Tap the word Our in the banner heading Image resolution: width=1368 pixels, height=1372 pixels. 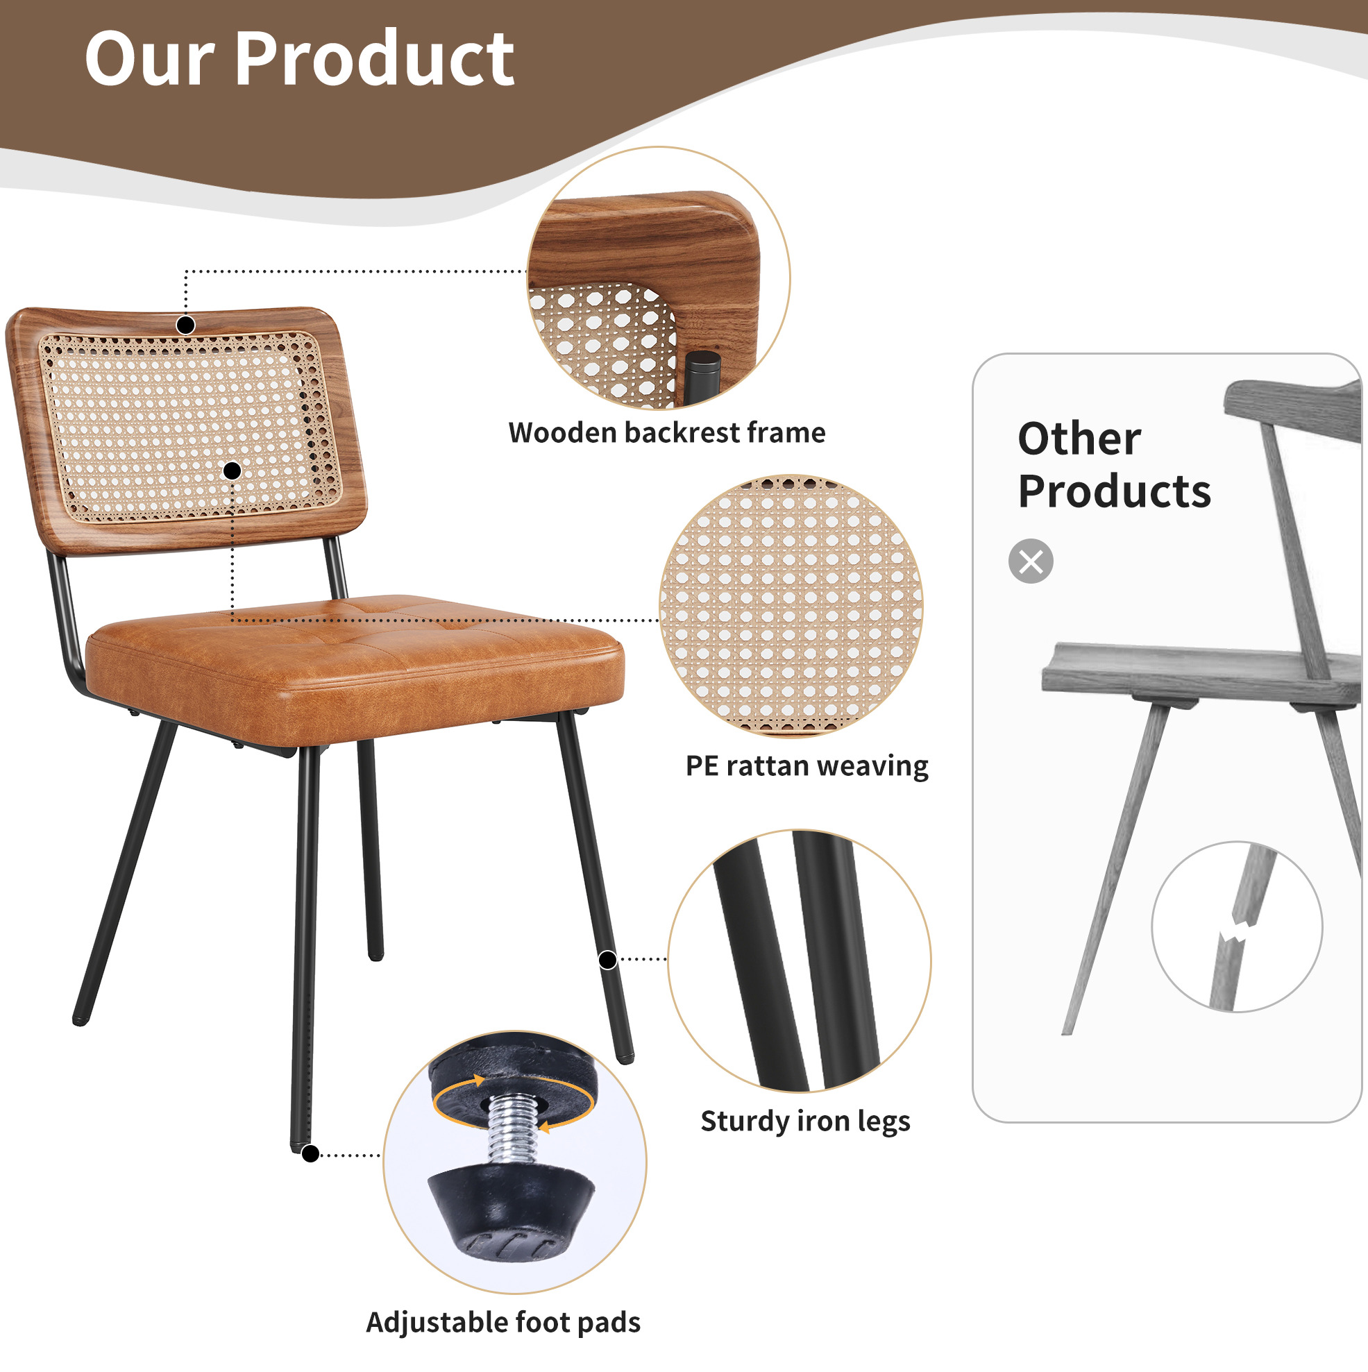pos(149,60)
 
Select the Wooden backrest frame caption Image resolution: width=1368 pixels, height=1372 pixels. pos(667,432)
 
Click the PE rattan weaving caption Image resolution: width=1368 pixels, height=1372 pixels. pos(807,766)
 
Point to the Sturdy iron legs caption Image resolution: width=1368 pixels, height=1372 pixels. pos(805,1121)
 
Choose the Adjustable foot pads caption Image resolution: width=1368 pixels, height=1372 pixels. pos(504,1323)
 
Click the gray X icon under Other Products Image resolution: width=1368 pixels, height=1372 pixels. pos(1031,561)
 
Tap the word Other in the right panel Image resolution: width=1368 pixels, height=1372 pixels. pos(1079,438)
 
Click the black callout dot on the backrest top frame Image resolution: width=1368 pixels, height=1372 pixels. pos(185,325)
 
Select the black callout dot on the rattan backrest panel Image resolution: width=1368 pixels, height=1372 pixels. pos(233,471)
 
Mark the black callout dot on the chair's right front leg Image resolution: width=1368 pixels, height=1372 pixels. pos(607,960)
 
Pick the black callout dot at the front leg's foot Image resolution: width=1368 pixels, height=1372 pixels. pos(310,1154)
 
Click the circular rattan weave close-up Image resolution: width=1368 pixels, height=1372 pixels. pos(791,606)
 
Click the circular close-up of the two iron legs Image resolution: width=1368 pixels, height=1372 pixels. pos(800,962)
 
